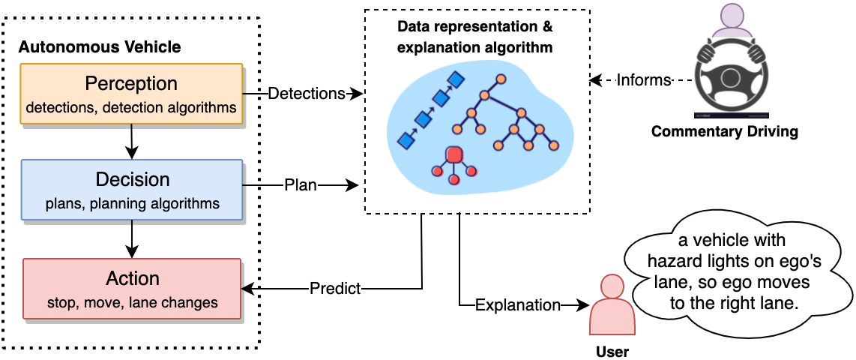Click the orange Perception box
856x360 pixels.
tap(131, 94)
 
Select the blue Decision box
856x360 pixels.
tap(132, 190)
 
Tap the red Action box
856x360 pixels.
tap(132, 289)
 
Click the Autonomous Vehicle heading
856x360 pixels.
tap(100, 47)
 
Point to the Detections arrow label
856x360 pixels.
tap(306, 94)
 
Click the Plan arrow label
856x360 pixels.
tap(300, 184)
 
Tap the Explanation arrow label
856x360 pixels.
tap(518, 305)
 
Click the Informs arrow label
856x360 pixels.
tap(643, 80)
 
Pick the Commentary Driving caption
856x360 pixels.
tap(724, 132)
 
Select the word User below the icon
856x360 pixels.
tap(612, 351)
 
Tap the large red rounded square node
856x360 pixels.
tap(453, 155)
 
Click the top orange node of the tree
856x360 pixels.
tap(500, 78)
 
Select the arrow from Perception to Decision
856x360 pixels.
tap(131, 140)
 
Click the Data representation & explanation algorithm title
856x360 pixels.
tap(475, 37)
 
